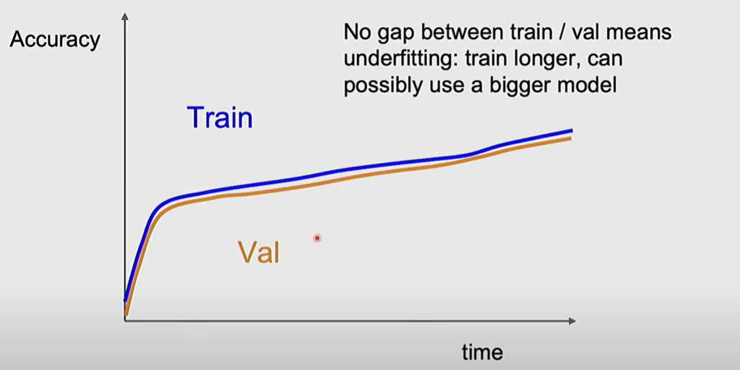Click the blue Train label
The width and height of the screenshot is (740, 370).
tap(220, 117)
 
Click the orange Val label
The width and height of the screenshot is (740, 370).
tap(259, 252)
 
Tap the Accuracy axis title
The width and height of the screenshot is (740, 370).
tap(55, 40)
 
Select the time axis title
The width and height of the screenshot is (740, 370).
tap(482, 352)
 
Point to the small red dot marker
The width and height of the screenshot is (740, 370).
tap(317, 238)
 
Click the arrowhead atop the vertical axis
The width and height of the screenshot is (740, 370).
tap(125, 16)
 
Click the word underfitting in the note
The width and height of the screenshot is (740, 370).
tap(399, 59)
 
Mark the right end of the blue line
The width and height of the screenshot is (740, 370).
tap(572, 130)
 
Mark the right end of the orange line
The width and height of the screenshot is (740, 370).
tap(571, 139)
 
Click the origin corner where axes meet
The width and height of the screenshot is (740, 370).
tap(125, 321)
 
